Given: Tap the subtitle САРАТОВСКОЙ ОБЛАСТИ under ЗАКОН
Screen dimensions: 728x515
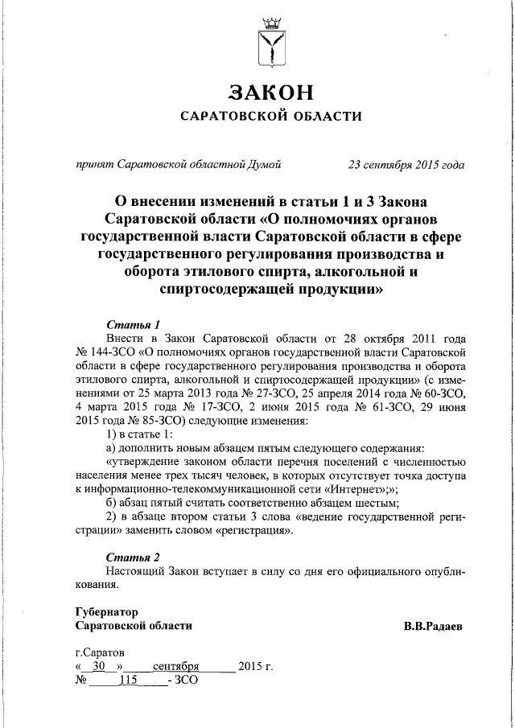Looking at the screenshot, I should (270, 116).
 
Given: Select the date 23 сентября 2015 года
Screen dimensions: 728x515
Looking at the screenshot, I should (406, 165).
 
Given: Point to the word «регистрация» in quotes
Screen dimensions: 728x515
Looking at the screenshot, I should (248, 531).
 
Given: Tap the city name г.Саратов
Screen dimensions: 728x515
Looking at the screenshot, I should (99, 652).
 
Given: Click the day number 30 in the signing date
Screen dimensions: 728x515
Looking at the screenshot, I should (99, 667).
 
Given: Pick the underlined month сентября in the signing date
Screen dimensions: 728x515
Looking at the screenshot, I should (176, 667).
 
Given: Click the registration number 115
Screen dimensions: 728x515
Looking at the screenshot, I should (128, 681).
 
